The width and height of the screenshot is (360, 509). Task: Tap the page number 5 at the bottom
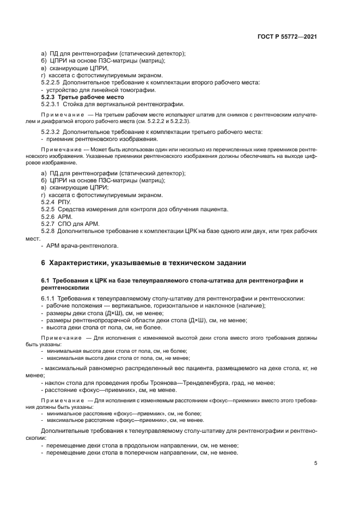click(x=315, y=463)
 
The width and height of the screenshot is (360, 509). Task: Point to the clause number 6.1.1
click(x=48, y=298)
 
